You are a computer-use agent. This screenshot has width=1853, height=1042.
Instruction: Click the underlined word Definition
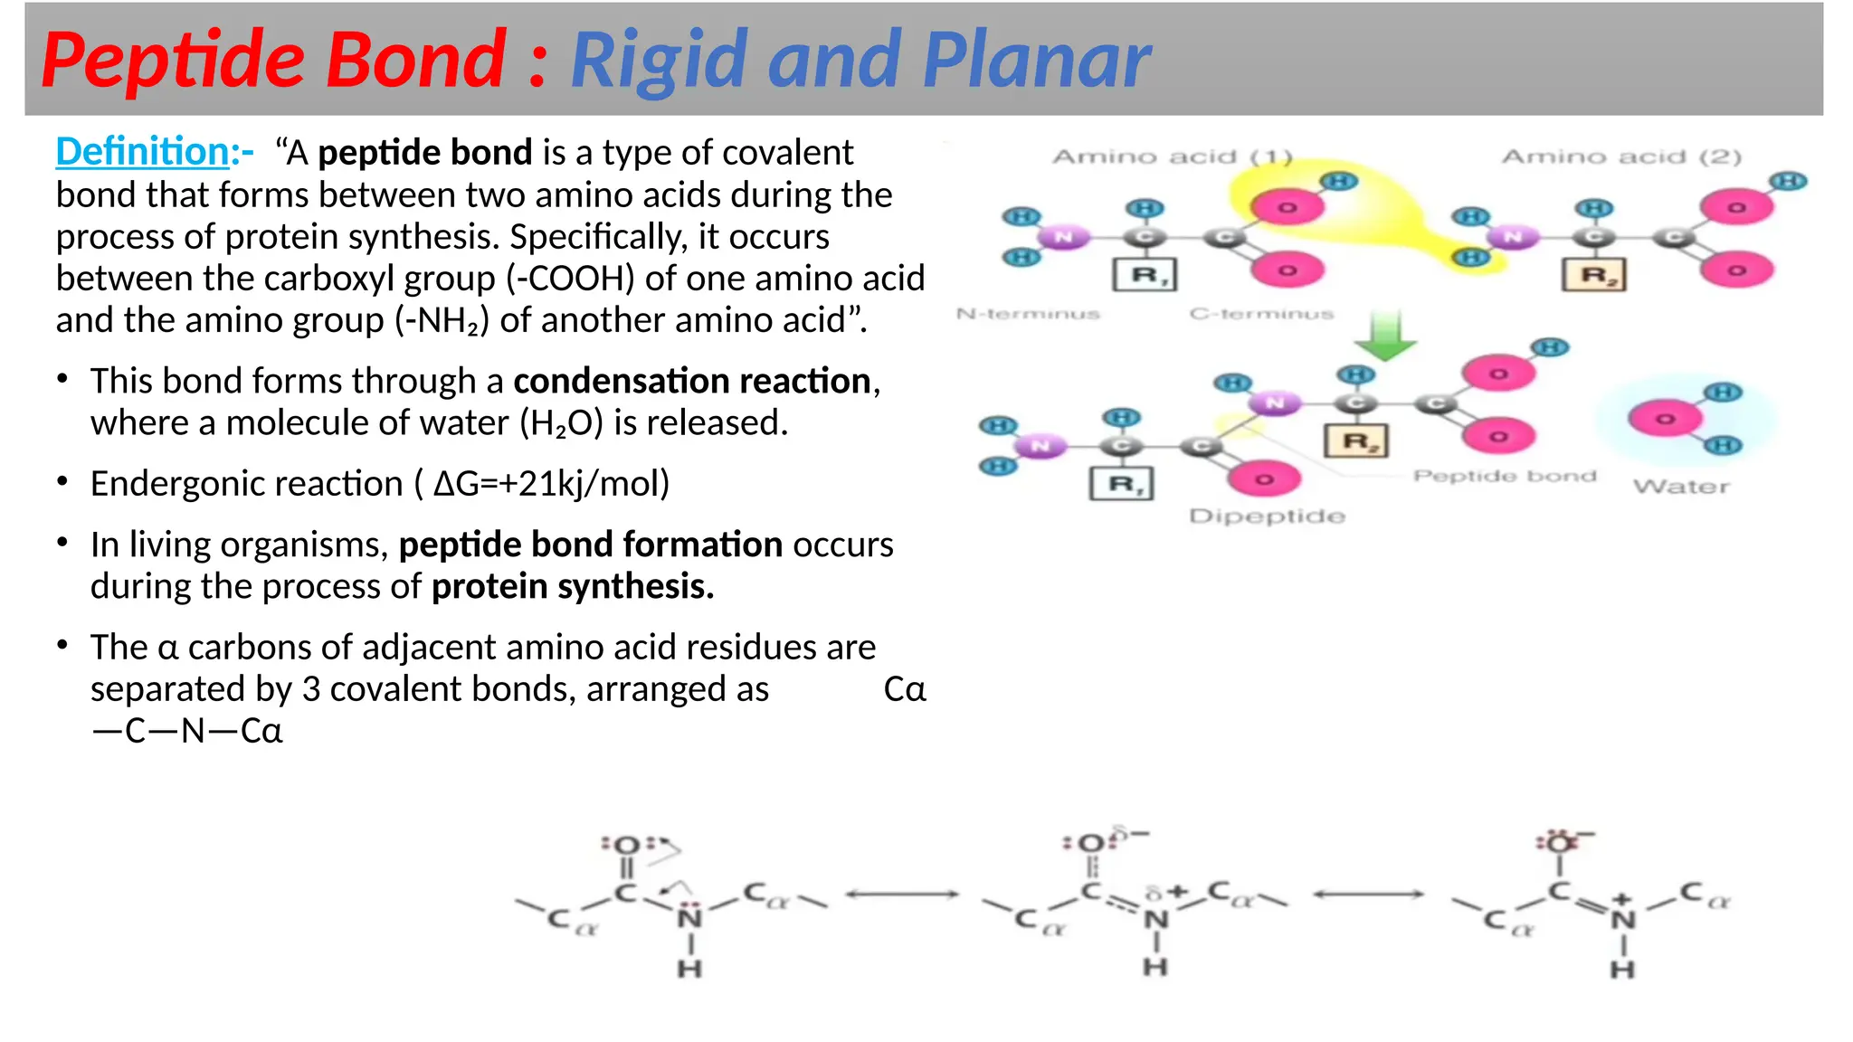142,152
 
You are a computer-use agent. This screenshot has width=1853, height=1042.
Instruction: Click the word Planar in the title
1036,61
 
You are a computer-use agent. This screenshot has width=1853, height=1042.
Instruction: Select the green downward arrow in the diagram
1384,335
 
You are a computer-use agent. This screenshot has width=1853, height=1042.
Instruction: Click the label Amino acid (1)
1173,157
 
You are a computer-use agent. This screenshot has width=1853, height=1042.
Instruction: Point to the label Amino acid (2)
1621,157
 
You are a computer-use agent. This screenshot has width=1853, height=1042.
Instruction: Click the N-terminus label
1028,314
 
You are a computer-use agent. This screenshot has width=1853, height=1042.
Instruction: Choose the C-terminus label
1261,314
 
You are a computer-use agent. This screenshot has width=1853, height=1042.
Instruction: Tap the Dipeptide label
1267,516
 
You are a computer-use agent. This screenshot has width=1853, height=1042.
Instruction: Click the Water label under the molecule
1681,487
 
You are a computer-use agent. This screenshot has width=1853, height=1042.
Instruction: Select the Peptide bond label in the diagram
1505,476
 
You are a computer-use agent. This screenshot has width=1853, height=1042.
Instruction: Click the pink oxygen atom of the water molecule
1665,419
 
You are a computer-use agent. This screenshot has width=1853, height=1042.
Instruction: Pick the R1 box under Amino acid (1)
1145,274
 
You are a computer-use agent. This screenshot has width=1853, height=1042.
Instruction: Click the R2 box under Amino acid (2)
1594,274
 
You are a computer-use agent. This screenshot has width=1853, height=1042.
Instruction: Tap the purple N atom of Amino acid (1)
1063,237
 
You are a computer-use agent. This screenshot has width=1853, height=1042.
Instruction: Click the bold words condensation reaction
692,381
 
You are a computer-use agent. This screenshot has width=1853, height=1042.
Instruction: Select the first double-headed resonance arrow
902,895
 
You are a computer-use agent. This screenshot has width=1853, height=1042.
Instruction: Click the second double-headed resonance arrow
1368,895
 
